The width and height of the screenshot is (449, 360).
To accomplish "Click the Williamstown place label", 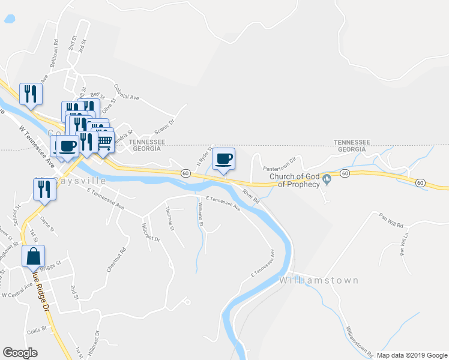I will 319,280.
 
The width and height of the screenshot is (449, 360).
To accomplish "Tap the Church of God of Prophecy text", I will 294,180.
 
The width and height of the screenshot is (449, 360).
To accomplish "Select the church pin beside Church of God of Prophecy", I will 327,179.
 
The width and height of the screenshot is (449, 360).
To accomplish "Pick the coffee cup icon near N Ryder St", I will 223,159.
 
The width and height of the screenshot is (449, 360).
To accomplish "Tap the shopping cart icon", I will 104,142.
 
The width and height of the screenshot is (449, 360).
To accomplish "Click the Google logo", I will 20,353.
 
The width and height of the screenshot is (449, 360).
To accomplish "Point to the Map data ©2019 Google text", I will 411,355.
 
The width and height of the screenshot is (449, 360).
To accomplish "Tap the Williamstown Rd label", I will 359,341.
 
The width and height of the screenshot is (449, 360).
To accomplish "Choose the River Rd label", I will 250,194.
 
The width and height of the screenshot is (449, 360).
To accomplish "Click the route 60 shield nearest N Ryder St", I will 186,173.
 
